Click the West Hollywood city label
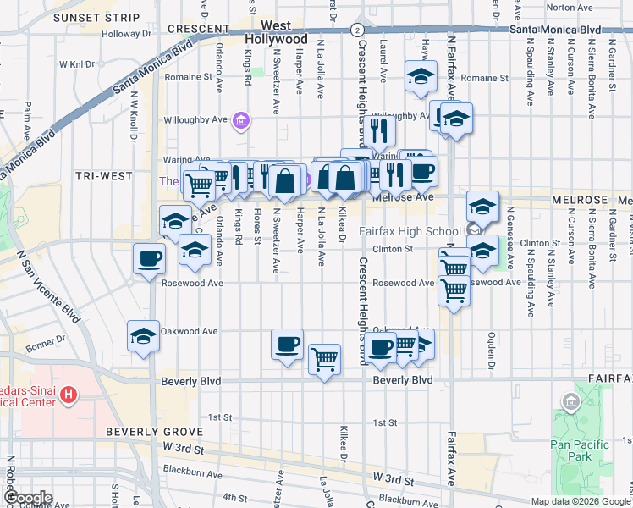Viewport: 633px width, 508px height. [x=276, y=33]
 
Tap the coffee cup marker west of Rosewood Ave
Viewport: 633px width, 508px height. [x=150, y=258]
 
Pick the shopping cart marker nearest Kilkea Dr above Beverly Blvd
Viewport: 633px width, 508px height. [x=325, y=359]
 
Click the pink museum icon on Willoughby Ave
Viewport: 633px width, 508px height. [x=241, y=123]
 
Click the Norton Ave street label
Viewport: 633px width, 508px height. [x=570, y=7]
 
